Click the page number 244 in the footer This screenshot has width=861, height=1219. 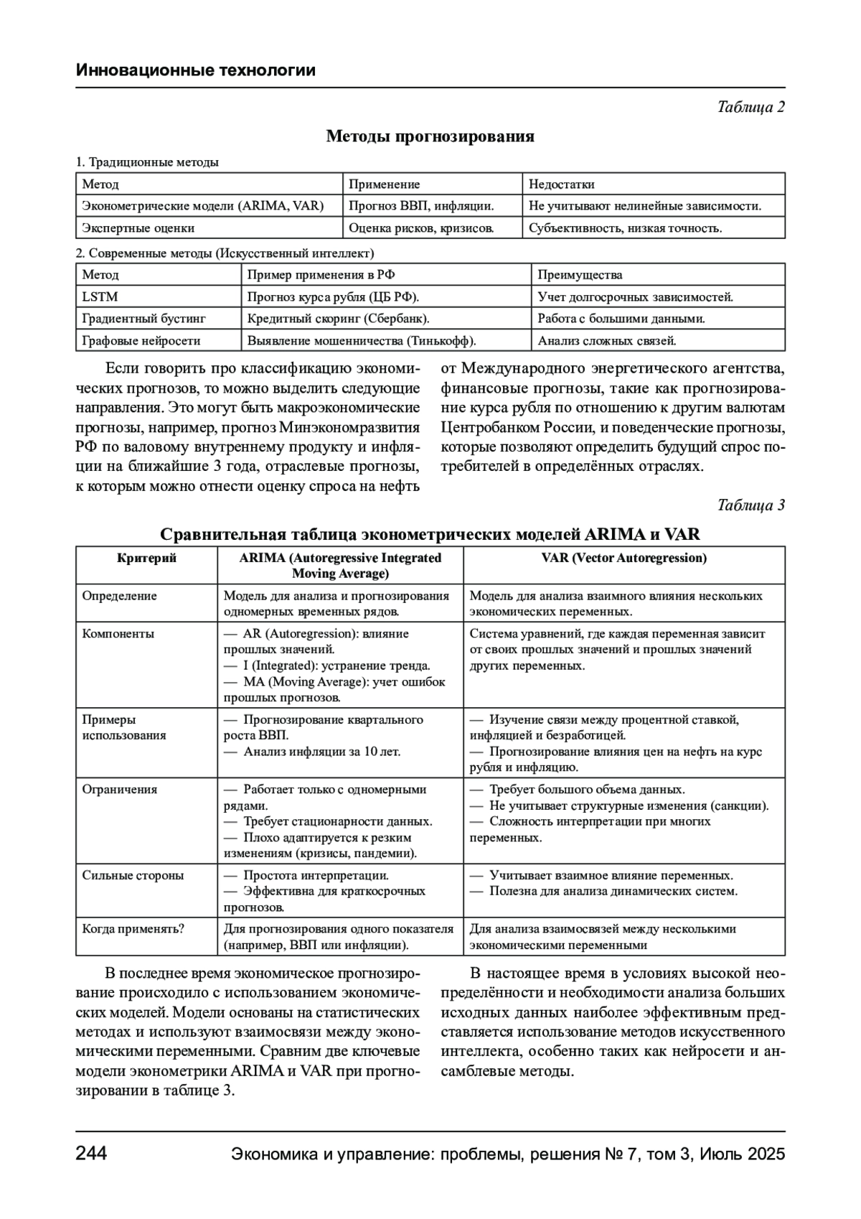point(91,1154)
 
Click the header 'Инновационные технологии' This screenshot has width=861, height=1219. point(195,70)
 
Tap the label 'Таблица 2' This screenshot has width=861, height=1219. point(751,107)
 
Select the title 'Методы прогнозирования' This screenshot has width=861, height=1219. point(430,136)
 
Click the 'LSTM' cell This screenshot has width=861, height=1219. point(100,296)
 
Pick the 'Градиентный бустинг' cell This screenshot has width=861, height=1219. point(143,319)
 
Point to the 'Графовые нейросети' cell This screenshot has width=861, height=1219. point(141,341)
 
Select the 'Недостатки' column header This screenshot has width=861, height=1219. point(561,185)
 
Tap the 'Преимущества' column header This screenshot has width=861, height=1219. point(580,275)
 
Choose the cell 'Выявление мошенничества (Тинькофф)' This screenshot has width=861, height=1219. point(362,341)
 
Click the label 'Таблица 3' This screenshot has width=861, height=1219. point(751,505)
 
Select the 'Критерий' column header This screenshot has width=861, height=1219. point(146,558)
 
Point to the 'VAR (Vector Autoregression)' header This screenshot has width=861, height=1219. point(624,558)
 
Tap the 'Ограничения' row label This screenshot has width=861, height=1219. point(119,790)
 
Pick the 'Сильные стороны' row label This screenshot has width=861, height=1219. point(133,876)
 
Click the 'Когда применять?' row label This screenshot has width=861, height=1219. point(133,929)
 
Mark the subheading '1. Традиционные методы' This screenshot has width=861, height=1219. point(147,162)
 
